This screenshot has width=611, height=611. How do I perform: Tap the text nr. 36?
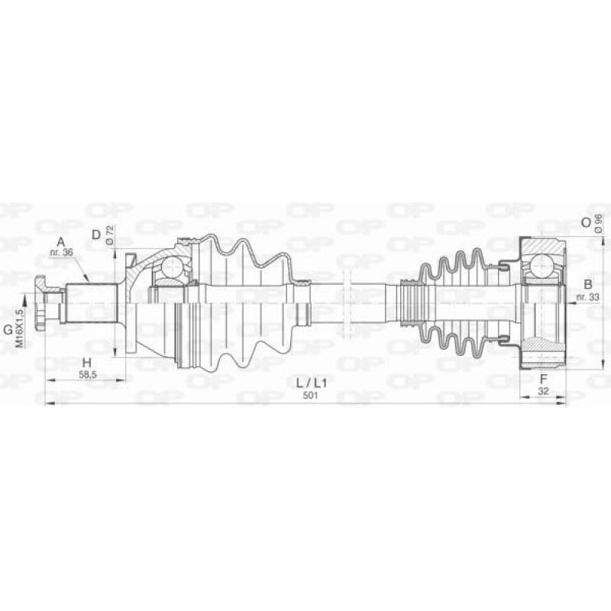tap(61, 252)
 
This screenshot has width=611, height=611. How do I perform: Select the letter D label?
tap(96, 234)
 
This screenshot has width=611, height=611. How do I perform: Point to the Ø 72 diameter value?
tap(109, 234)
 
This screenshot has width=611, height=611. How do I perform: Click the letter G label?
tap(8, 331)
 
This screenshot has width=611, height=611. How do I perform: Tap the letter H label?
tap(86, 363)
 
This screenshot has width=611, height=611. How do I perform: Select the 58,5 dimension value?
tap(87, 375)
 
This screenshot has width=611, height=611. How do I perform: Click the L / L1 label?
tap(312, 383)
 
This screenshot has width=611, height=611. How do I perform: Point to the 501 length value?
tap(311, 395)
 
